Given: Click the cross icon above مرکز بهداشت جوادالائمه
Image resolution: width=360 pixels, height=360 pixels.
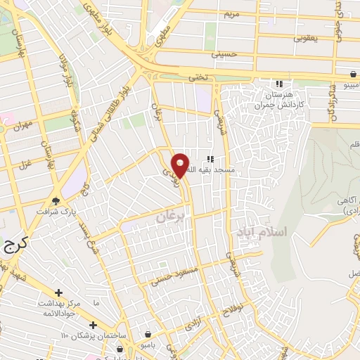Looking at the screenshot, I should [58, 292].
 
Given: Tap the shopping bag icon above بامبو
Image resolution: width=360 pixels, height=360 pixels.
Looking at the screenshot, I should [148, 334].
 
